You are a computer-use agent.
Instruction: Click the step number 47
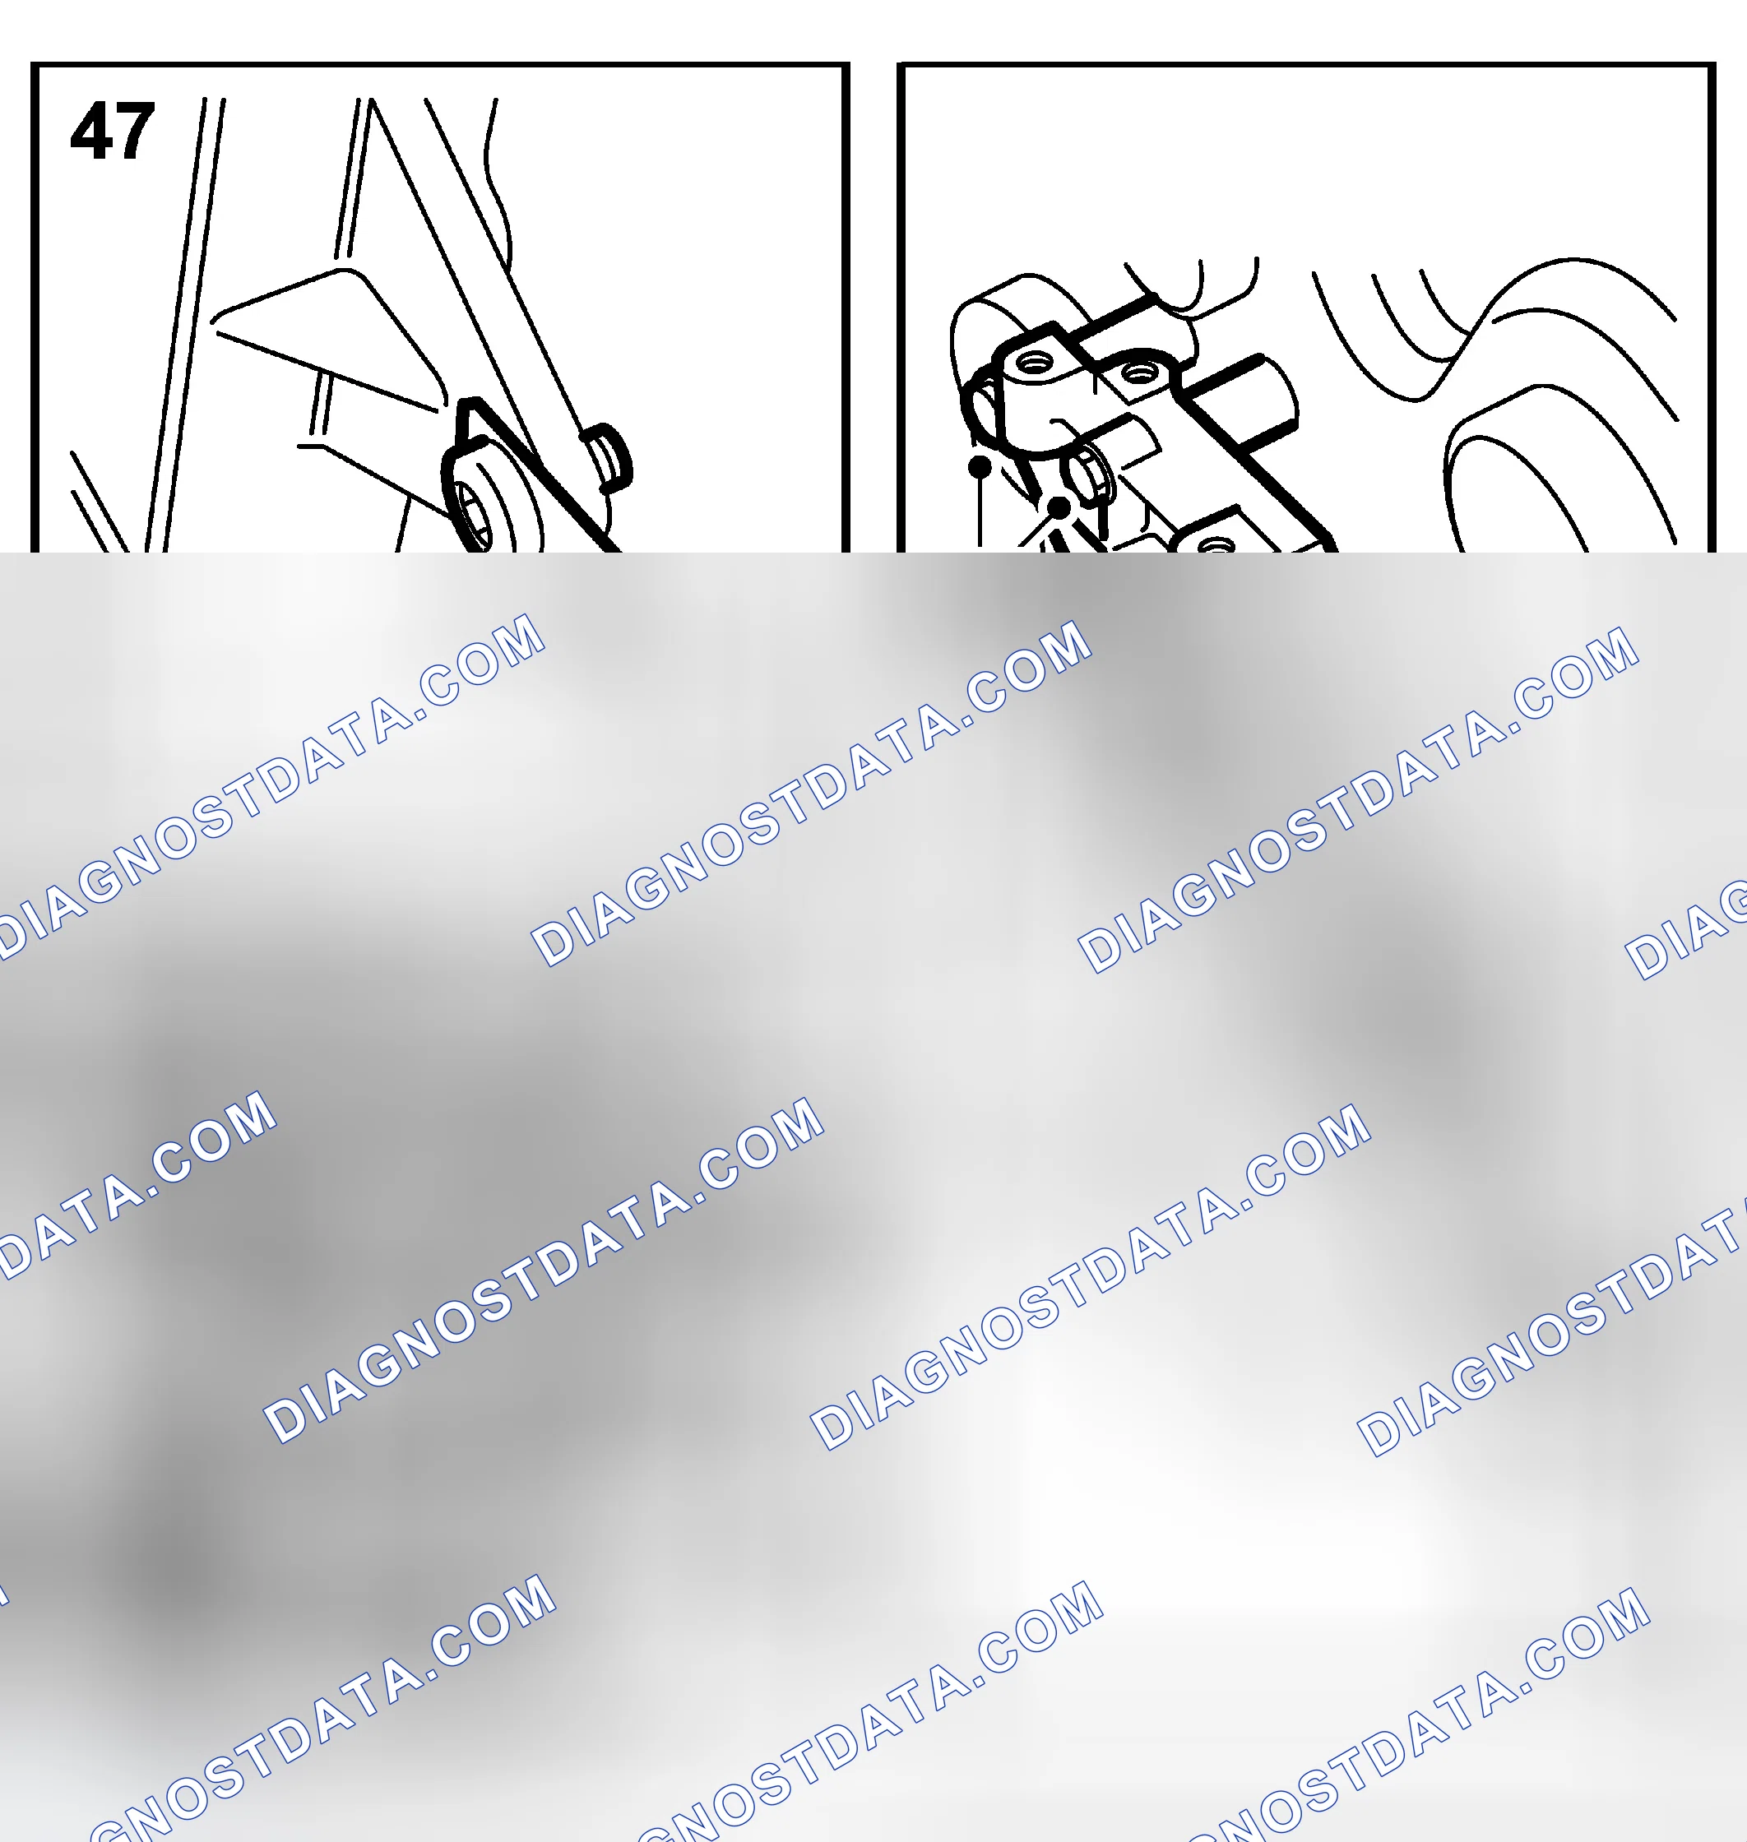[x=112, y=132]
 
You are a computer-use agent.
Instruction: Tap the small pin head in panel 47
[x=607, y=456]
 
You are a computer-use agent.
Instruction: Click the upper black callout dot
[x=980, y=465]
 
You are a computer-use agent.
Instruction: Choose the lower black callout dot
[x=1059, y=508]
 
